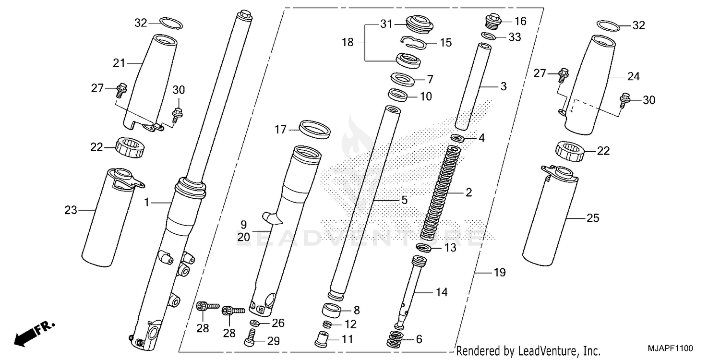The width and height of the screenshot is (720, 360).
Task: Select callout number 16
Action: pos(520,21)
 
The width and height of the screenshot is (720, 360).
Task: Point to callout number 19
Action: pos(500,273)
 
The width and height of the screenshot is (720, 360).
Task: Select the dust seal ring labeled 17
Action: pos(314,129)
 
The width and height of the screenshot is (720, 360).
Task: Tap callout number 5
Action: pos(404,200)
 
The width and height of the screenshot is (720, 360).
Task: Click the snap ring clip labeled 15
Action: pos(413,42)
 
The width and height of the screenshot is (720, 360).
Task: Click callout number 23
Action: pos(71,210)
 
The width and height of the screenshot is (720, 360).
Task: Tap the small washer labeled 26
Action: pos(254,322)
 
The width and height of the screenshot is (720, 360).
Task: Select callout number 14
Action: pos(441,291)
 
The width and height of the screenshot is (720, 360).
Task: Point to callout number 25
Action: pos(593,218)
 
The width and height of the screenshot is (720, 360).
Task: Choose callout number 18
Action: pos(348,42)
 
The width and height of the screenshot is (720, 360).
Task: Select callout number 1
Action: pos(148,204)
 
